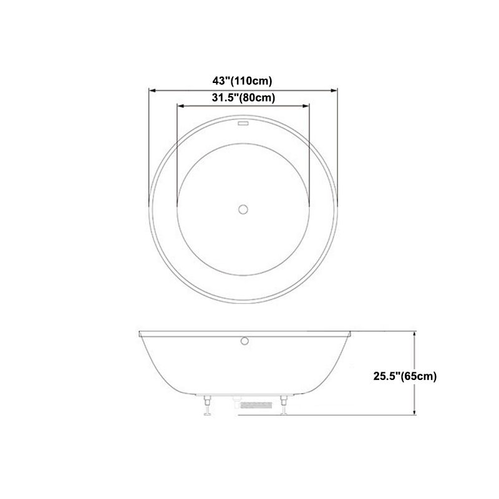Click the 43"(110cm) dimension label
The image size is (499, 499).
243,80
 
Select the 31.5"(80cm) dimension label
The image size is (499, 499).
243,97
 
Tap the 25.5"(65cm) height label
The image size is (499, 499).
405,375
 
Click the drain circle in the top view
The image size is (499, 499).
243,208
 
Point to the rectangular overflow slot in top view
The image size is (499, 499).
243,124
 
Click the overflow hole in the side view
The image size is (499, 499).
245,340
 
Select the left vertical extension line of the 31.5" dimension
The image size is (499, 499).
177,156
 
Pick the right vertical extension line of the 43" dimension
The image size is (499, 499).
337,143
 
